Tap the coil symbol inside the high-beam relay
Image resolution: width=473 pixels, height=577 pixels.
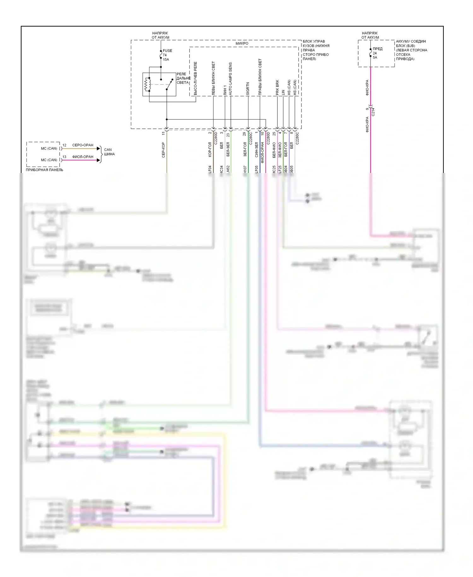point(146,85)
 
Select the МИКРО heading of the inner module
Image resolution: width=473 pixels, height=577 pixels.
point(242,44)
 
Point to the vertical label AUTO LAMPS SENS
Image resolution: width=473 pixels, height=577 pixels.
point(231,79)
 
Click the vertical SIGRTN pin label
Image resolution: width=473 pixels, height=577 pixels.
point(248,89)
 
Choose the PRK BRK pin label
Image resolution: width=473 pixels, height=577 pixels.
point(277,87)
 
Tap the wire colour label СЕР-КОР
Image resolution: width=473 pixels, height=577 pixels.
point(163,150)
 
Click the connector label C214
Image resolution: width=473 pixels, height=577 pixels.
point(373,112)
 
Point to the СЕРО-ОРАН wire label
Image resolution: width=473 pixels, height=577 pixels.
point(83,145)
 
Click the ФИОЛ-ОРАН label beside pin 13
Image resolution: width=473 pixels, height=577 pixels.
point(83,157)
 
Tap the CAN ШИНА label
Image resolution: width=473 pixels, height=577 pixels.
point(109,152)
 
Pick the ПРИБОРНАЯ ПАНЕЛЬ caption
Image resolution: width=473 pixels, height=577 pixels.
point(44,170)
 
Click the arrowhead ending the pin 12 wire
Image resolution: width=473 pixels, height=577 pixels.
point(98,148)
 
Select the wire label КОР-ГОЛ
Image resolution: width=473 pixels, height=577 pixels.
point(210,149)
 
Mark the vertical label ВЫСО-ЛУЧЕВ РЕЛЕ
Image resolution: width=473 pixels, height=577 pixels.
point(196,78)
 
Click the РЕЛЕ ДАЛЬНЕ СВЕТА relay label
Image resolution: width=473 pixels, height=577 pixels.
point(183,78)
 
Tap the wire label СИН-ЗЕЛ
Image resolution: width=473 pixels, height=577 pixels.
point(256,149)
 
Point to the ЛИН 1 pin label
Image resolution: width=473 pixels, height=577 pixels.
point(225,90)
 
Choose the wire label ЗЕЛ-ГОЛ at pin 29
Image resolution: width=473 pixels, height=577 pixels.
point(245,149)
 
